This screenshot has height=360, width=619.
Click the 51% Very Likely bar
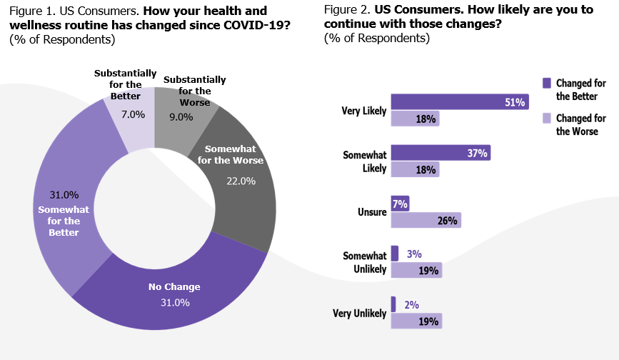click(x=460, y=102)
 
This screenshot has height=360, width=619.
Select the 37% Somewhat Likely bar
click(x=441, y=153)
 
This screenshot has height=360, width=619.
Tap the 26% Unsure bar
click(x=426, y=220)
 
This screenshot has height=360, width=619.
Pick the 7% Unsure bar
click(x=400, y=204)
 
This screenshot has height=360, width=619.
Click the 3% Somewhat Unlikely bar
click(x=395, y=254)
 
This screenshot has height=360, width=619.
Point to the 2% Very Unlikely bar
click(x=393, y=304)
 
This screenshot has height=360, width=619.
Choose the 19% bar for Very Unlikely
click(x=416, y=321)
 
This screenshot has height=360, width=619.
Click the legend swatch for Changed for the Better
click(x=547, y=83)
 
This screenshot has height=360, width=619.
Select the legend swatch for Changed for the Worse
click(x=547, y=119)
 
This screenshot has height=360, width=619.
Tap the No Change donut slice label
click(x=174, y=287)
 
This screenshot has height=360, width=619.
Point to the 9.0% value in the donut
click(x=180, y=117)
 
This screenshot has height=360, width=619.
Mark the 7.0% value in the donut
click(x=133, y=114)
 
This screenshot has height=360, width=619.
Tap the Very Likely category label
click(x=364, y=111)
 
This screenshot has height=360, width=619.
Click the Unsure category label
click(x=371, y=212)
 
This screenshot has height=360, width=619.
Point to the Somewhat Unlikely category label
click(x=364, y=262)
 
